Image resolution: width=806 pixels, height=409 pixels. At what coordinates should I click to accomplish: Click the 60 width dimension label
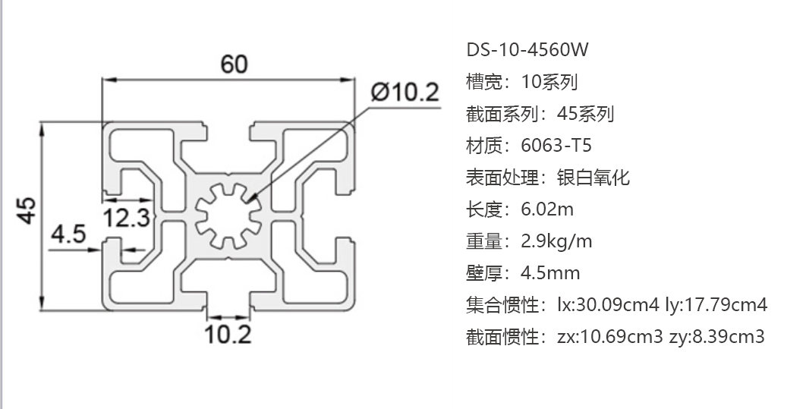pyautogui.click(x=234, y=64)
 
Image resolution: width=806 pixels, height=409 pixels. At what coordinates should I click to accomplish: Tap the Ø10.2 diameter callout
pyautogui.click(x=405, y=93)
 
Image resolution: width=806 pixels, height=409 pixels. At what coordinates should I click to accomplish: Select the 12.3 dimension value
pyautogui.click(x=127, y=217)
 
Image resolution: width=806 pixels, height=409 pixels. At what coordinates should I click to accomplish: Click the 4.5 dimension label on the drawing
pyautogui.click(x=68, y=234)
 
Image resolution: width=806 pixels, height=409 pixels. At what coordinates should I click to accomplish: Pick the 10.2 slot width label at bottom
pyautogui.click(x=228, y=334)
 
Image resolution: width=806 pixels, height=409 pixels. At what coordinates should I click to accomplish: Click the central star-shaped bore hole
pyautogui.click(x=228, y=216)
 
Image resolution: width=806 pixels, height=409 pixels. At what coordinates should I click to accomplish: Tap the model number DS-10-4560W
pyautogui.click(x=527, y=50)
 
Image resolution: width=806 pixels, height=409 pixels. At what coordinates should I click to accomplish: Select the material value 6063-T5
pyautogui.click(x=556, y=146)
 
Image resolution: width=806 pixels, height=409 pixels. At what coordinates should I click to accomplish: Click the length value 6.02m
pyautogui.click(x=547, y=209)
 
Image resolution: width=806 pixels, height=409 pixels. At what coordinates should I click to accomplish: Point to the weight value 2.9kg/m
pyautogui.click(x=556, y=241)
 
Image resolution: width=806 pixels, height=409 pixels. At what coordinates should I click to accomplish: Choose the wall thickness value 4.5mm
pyautogui.click(x=550, y=273)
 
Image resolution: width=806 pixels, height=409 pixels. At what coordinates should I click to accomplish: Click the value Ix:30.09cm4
pyautogui.click(x=608, y=305)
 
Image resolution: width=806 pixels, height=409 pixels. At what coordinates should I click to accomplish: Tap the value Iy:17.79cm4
pyautogui.click(x=716, y=305)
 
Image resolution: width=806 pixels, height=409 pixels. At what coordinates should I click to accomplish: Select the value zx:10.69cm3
pyautogui.click(x=609, y=337)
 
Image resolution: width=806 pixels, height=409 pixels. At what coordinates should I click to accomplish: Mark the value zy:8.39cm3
pyautogui.click(x=717, y=337)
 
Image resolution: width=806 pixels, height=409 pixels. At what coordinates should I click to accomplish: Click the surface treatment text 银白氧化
pyautogui.click(x=593, y=178)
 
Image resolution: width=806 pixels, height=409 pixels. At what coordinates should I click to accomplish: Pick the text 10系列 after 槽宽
pyautogui.click(x=549, y=82)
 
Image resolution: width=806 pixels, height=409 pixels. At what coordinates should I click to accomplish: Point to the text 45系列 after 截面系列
pyautogui.click(x=585, y=114)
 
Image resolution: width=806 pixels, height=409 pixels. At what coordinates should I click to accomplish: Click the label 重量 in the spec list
pyautogui.click(x=484, y=241)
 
